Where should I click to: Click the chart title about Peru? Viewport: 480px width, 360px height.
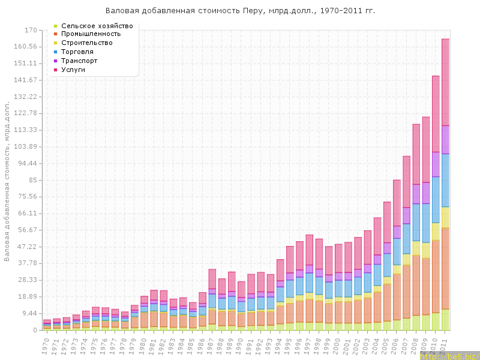[240, 11]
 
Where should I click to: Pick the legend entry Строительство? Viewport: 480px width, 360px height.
[87, 43]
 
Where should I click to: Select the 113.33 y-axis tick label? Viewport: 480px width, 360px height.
[27, 130]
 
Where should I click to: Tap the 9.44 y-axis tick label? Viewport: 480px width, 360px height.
[29, 313]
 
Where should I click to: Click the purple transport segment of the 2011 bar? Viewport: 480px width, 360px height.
[446, 140]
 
